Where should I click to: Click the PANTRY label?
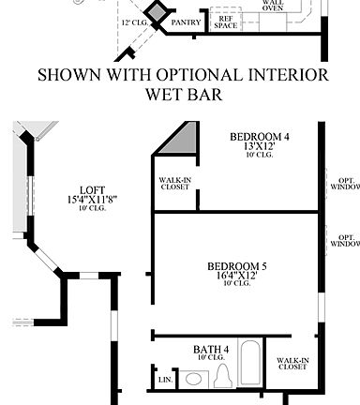coord(185,22)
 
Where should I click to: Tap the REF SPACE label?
coord(225,21)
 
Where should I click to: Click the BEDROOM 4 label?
coord(259,137)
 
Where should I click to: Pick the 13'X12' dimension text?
coord(259,147)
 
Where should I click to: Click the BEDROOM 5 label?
coord(237,267)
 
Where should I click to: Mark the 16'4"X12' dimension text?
coord(237,277)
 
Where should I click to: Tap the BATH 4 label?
coord(210,350)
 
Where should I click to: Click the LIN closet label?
coord(165,380)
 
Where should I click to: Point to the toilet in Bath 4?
coord(224,378)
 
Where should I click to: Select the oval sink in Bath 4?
coord(194,380)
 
